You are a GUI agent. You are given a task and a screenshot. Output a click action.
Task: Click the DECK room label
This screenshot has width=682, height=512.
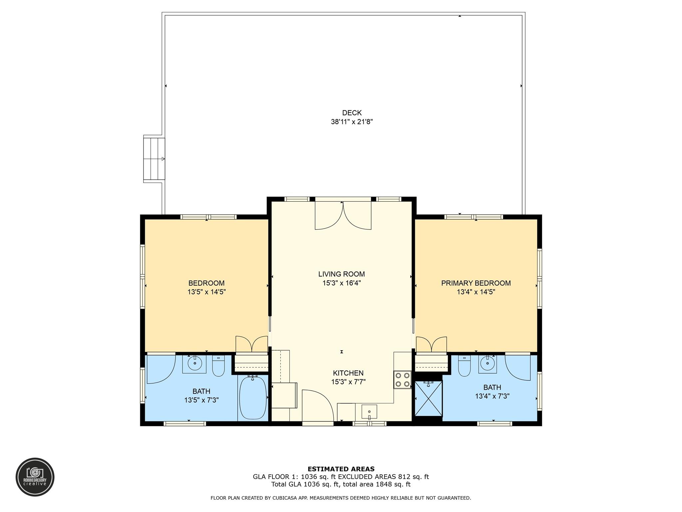pyautogui.click(x=352, y=113)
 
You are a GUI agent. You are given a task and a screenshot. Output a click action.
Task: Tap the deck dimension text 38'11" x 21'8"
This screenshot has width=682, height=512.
pyautogui.click(x=352, y=122)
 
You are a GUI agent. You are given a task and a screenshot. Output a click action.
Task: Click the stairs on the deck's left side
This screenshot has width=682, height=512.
pyautogui.click(x=154, y=159)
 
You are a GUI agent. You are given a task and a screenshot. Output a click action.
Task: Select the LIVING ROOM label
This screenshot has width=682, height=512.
pyautogui.click(x=341, y=274)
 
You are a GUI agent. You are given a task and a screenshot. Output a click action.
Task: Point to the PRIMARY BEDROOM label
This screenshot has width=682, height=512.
pyautogui.click(x=476, y=283)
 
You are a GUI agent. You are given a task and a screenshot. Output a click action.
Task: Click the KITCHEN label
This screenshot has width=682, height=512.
pyautogui.click(x=348, y=373)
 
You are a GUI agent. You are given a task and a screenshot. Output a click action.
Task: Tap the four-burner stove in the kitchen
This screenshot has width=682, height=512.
pyautogui.click(x=402, y=380)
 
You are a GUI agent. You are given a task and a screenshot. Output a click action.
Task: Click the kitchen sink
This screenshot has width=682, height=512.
pyautogui.click(x=369, y=412)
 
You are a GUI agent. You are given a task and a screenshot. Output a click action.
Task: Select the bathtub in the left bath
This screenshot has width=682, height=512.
pyautogui.click(x=253, y=397)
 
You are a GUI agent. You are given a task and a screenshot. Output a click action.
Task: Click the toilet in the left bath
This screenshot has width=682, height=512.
pyautogui.click(x=218, y=366)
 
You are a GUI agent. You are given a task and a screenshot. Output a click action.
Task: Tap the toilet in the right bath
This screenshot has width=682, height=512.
pyautogui.click(x=464, y=366)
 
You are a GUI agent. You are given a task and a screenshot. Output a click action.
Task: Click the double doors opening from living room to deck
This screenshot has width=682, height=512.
pyautogui.click(x=343, y=215)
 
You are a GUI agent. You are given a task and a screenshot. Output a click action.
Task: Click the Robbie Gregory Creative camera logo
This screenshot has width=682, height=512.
pyautogui.click(x=35, y=477)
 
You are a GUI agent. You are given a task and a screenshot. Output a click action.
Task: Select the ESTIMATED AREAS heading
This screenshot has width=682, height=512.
pyautogui.click(x=341, y=469)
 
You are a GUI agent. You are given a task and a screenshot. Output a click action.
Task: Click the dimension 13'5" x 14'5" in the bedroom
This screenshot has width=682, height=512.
pyautogui.click(x=206, y=292)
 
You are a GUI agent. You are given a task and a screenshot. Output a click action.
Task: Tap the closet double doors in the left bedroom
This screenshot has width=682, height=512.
pyautogui.click(x=252, y=344)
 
